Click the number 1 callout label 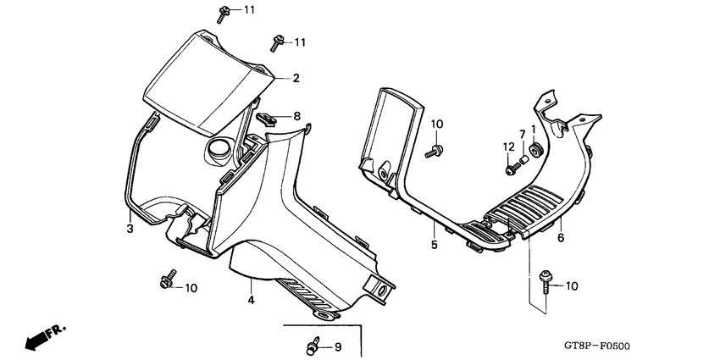click(x=533, y=130)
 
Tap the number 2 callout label click(x=296, y=79)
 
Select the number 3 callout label click(x=130, y=229)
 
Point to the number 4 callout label click(x=251, y=300)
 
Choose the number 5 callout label click(x=433, y=246)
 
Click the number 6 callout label click(x=560, y=239)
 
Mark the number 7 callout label click(x=523, y=134)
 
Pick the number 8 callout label click(x=296, y=116)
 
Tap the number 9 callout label click(x=337, y=346)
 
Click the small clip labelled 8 click(x=265, y=118)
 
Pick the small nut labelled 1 click(x=534, y=152)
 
